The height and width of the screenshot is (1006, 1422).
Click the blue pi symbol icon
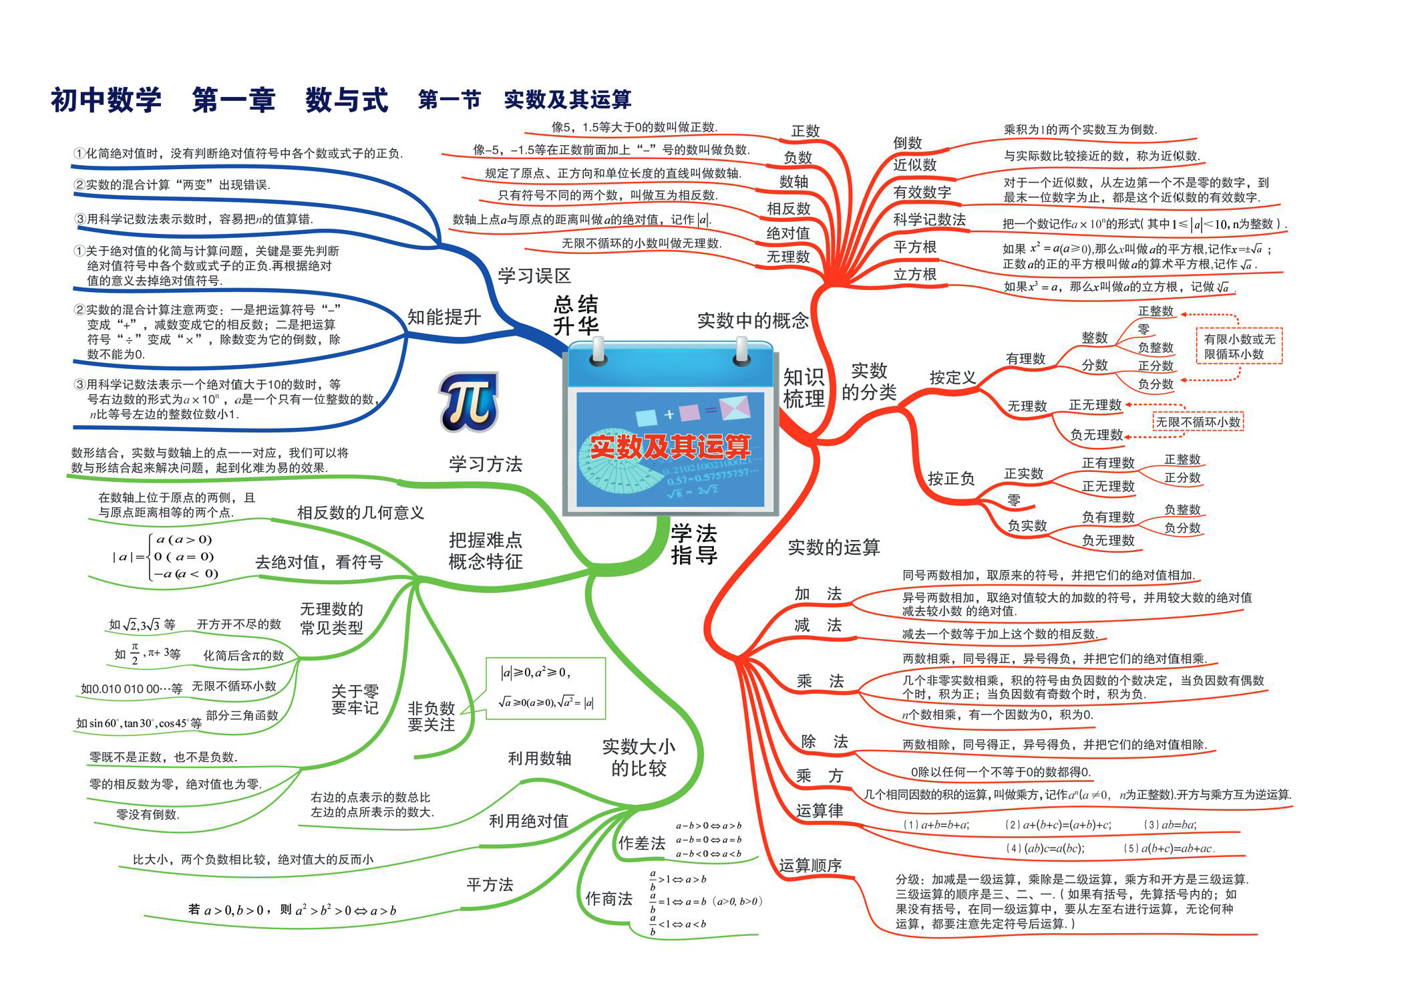click(469, 402)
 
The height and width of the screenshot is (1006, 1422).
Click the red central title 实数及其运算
click(670, 447)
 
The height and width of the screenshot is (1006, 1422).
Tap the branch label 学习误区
click(534, 275)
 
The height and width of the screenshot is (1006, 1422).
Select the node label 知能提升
click(444, 317)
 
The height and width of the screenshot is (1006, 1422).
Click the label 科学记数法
click(929, 219)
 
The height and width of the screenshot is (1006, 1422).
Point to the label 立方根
click(914, 274)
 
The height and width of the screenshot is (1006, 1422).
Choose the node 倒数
click(907, 142)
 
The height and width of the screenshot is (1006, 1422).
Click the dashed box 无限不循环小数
click(1198, 422)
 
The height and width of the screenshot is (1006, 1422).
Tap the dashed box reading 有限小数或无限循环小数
click(1239, 346)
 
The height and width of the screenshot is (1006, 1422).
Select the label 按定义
click(952, 378)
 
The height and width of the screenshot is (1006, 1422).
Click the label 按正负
click(951, 479)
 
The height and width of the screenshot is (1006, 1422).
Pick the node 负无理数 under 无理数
click(1097, 434)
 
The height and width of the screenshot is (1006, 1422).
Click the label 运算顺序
click(810, 866)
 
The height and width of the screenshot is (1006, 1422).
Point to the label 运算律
click(820, 811)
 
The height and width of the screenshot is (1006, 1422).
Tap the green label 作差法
click(642, 844)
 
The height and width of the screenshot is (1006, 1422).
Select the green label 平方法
click(490, 885)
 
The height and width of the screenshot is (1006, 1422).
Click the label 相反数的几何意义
click(361, 513)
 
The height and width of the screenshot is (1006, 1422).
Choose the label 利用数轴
click(540, 758)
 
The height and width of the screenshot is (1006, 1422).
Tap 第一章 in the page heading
click(234, 100)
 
